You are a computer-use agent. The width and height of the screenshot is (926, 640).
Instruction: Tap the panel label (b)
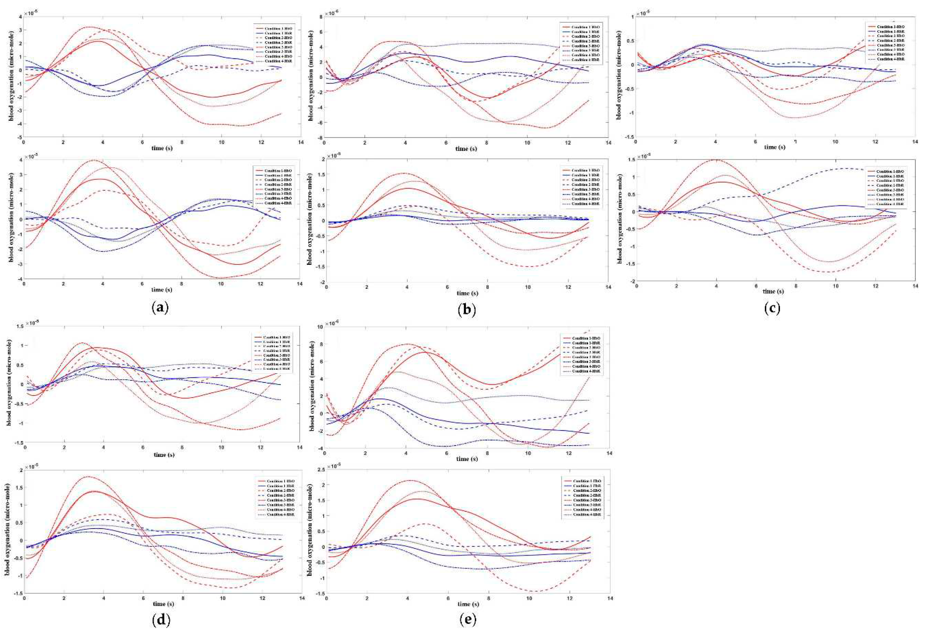pyautogui.click(x=467, y=310)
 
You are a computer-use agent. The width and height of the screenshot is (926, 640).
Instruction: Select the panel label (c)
pyautogui.click(x=772, y=308)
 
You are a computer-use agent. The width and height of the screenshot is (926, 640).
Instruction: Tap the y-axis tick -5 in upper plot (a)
pyautogui.click(x=19, y=137)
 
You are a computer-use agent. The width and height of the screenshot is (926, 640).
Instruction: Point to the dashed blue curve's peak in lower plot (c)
pyautogui.click(x=846, y=168)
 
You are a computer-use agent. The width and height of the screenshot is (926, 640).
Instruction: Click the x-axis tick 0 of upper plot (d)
pyautogui.click(x=25, y=447)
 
